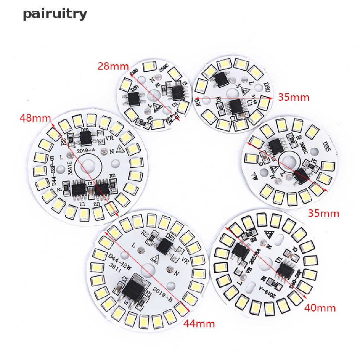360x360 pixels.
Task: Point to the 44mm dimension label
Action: click(x=199, y=322)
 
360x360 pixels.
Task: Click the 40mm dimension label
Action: click(x=320, y=308)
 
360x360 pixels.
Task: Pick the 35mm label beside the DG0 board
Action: click(x=294, y=97)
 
